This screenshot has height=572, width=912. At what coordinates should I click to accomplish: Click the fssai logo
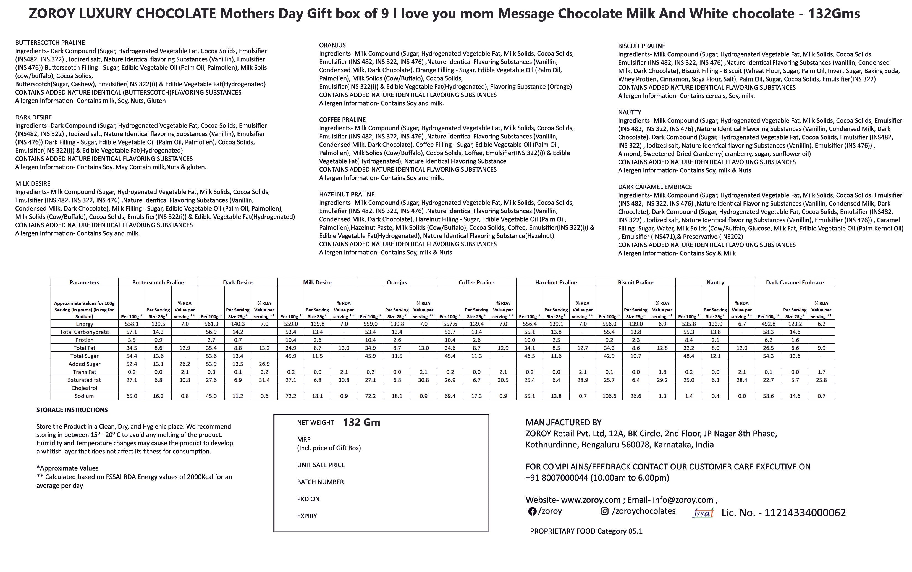click(x=703, y=513)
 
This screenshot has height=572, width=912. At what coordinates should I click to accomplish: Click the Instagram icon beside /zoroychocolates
click(x=604, y=511)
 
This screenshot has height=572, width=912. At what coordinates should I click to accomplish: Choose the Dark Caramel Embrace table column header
click(x=795, y=282)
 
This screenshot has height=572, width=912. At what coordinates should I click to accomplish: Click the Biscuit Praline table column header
click(x=635, y=282)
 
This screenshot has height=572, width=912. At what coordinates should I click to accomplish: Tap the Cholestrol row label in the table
click(x=84, y=388)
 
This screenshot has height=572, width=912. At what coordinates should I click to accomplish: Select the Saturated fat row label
click(x=84, y=380)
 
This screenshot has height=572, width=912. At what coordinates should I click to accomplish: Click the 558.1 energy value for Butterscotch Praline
click(x=132, y=324)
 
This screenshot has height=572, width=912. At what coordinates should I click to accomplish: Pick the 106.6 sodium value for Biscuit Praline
click(x=609, y=396)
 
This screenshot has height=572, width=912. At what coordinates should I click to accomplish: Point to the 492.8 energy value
click(x=768, y=324)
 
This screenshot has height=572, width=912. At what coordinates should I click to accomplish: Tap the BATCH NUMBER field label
click(x=320, y=482)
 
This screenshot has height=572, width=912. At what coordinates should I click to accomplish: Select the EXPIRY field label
click(x=307, y=516)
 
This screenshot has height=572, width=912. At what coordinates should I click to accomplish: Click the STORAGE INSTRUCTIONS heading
click(x=72, y=410)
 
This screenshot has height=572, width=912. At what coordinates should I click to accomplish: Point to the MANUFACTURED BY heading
click(x=563, y=423)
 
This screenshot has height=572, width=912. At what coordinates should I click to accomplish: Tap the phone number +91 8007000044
click(x=556, y=478)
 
